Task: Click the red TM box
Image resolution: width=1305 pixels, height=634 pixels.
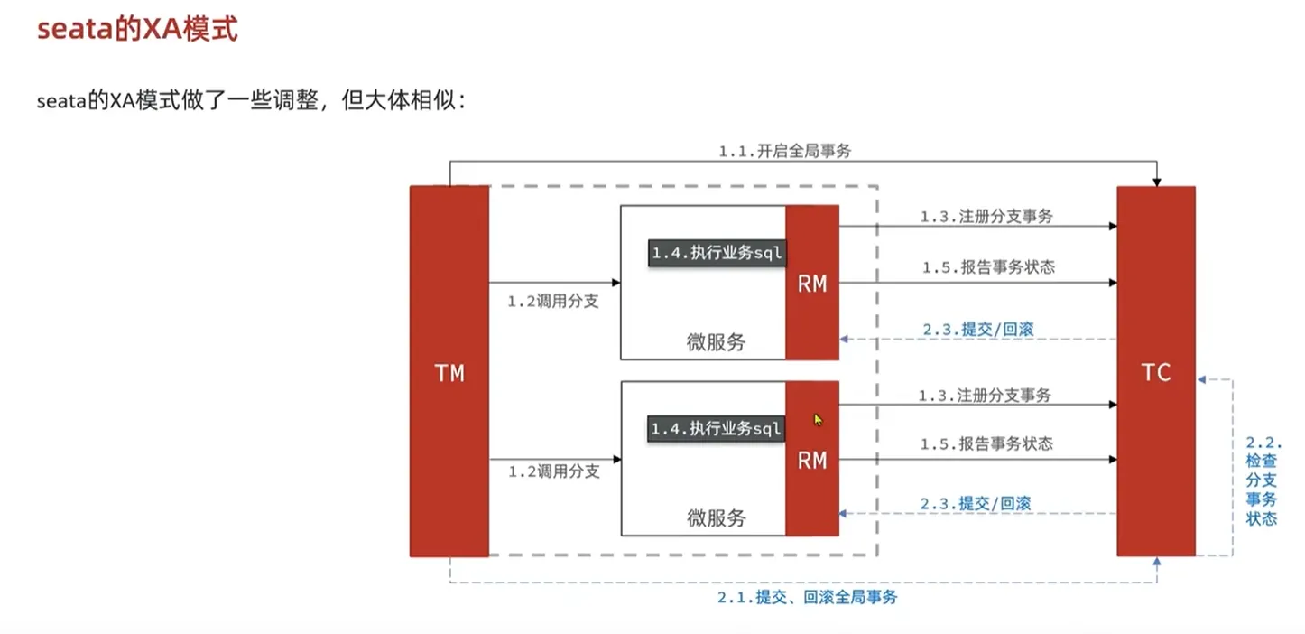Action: click(449, 371)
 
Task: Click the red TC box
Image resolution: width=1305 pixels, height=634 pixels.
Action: click(1155, 371)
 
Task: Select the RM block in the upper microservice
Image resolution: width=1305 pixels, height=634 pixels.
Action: click(812, 284)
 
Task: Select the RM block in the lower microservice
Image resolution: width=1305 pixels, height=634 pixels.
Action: click(812, 460)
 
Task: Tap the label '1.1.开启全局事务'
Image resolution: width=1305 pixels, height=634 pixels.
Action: click(784, 152)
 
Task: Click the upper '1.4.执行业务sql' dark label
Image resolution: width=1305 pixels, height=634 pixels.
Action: click(717, 254)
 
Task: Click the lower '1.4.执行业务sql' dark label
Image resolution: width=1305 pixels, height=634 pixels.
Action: click(716, 428)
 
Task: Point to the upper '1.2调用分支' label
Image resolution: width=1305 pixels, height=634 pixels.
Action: click(553, 301)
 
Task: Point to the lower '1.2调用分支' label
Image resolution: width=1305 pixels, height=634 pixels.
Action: click(553, 471)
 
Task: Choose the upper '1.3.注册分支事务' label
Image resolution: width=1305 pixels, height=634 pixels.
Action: click(986, 217)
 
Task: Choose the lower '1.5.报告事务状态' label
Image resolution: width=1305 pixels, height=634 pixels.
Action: click(986, 443)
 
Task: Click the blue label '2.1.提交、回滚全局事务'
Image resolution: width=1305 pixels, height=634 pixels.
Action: click(808, 597)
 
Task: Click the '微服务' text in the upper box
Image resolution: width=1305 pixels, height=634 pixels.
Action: click(717, 342)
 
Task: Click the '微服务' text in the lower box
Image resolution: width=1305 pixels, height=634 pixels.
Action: click(717, 517)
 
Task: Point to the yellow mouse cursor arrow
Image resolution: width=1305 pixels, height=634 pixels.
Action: click(818, 420)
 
